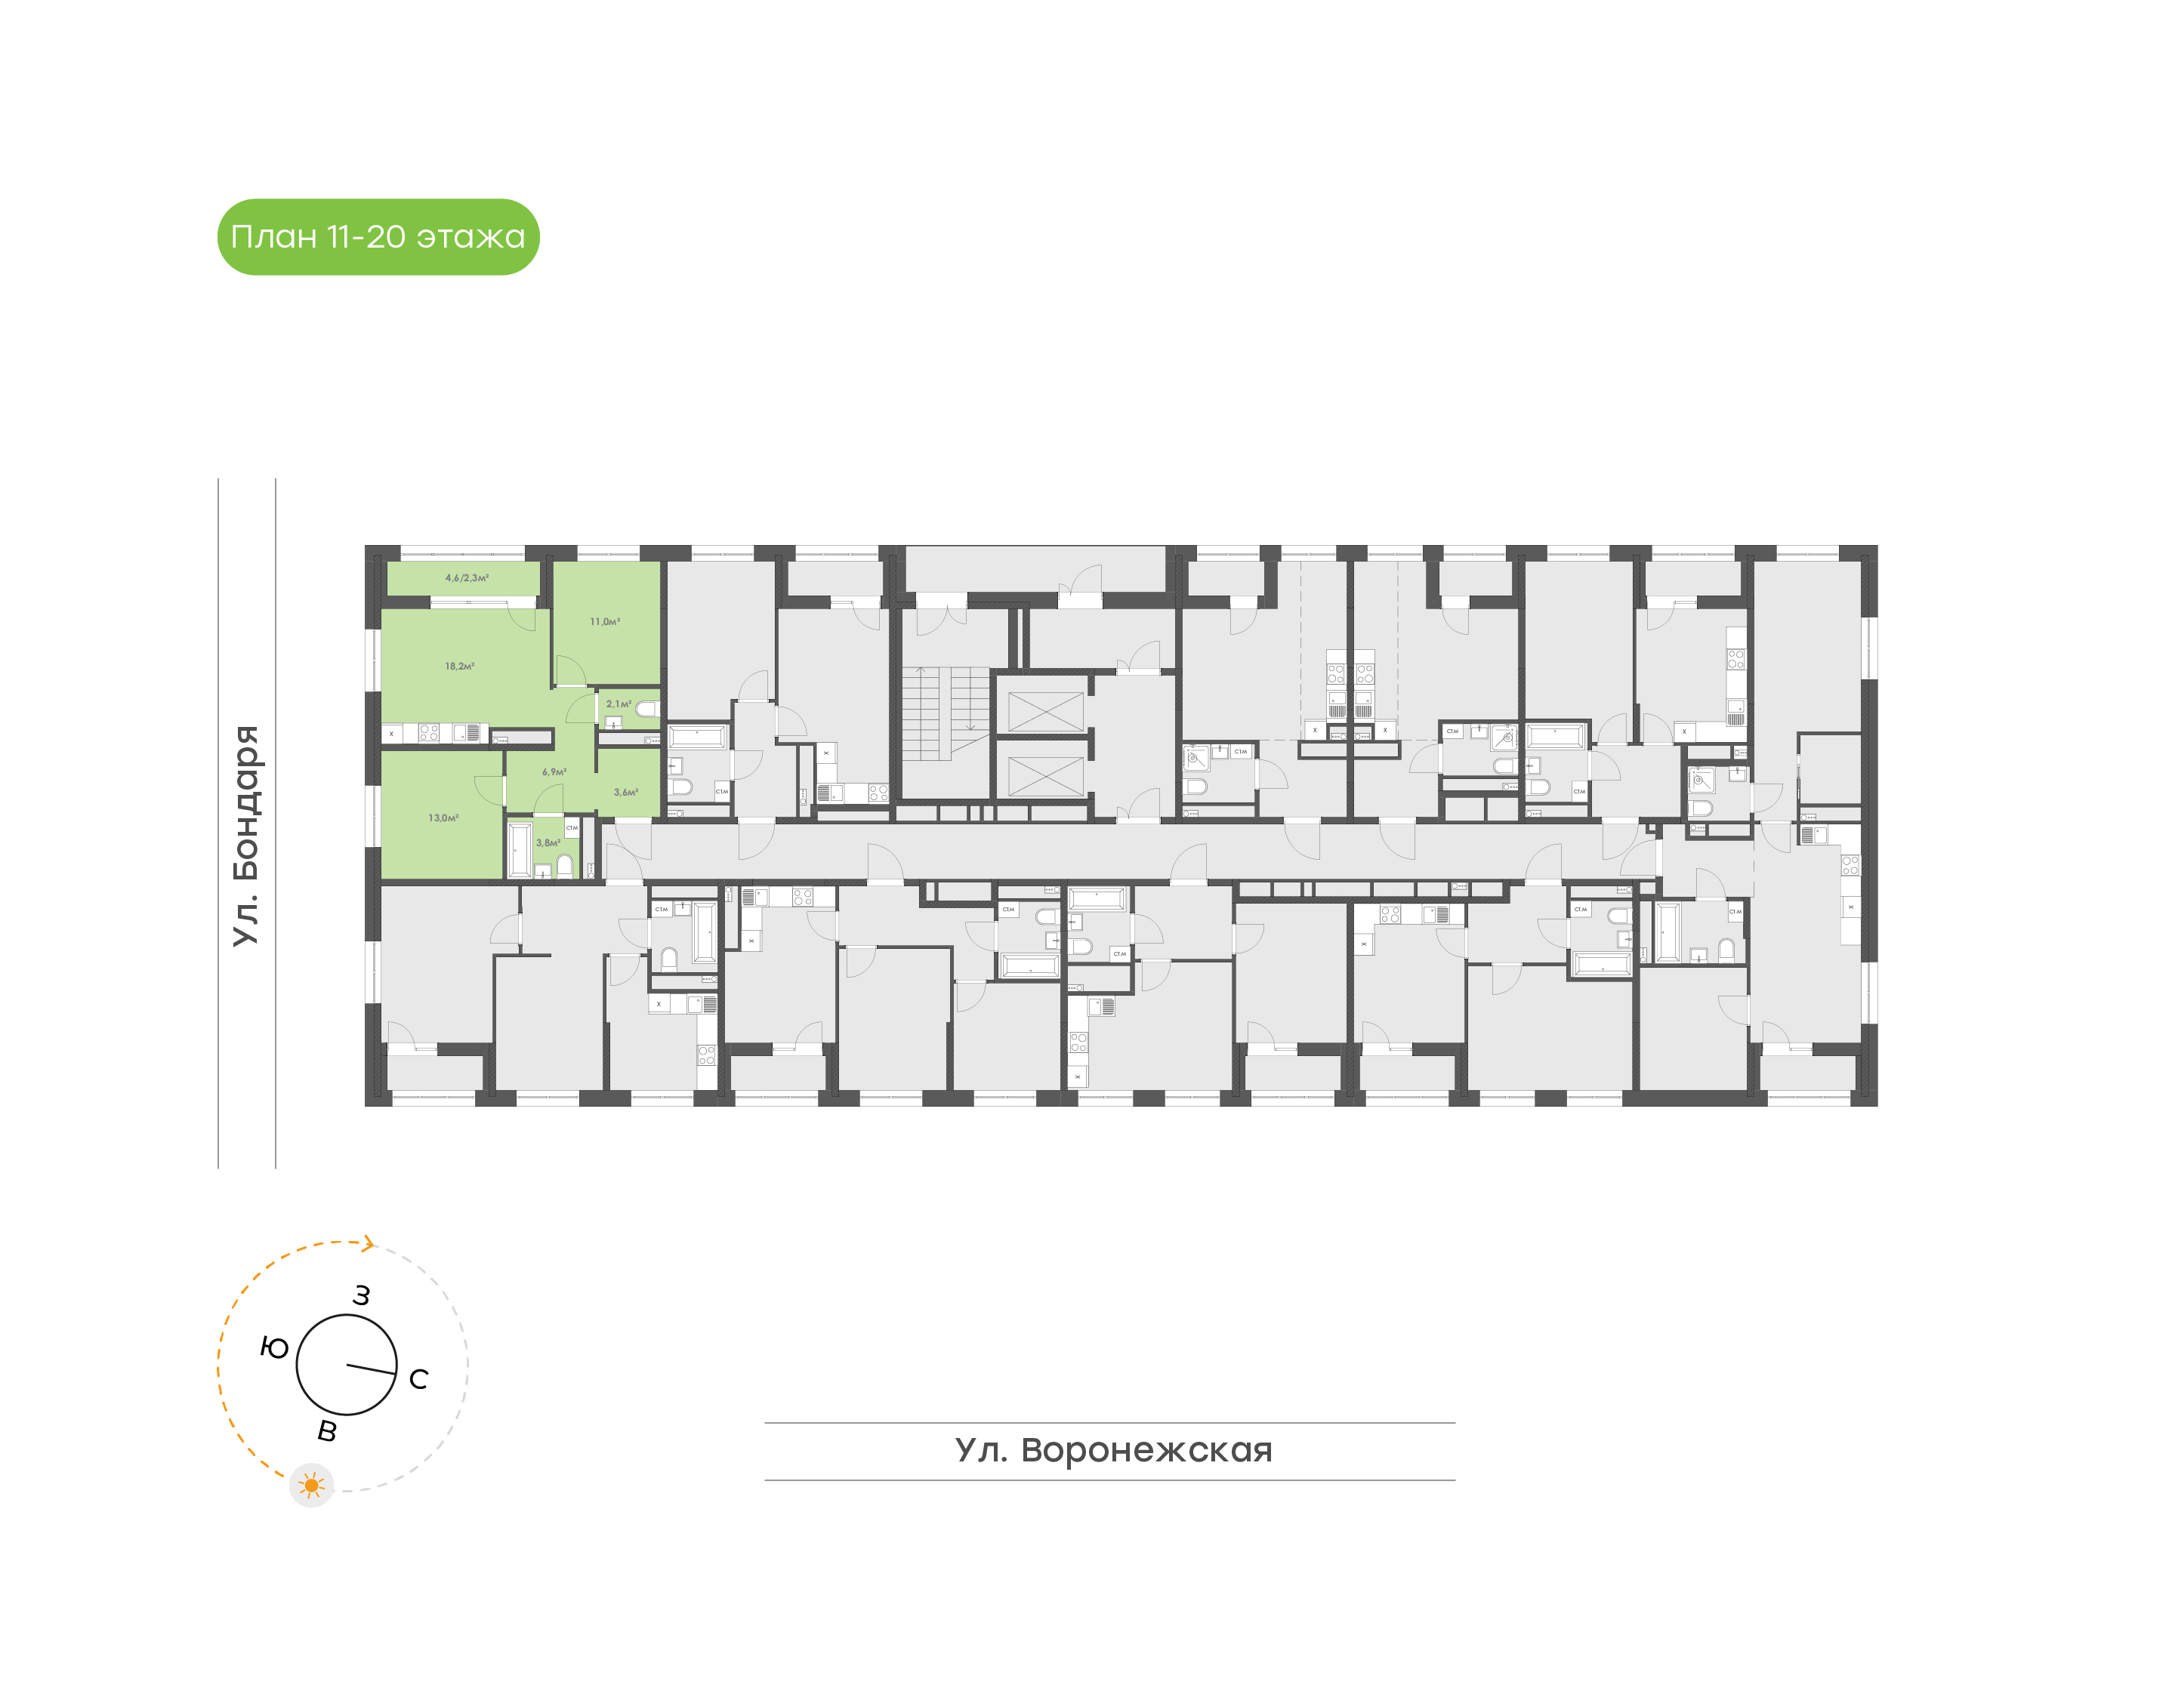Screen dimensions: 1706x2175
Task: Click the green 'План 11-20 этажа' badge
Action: [378, 237]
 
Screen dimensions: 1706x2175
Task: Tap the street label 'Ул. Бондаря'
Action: [245, 835]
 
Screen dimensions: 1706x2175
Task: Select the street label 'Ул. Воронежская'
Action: [1113, 1449]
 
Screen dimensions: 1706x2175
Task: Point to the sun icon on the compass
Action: [312, 1486]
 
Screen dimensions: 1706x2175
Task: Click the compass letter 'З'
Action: [361, 1295]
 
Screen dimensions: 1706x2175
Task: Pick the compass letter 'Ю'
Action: [275, 1348]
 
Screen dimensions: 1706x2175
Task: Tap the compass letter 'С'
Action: [418, 1379]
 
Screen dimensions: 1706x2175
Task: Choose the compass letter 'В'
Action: [327, 1431]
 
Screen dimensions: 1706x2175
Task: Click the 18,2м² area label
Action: [460, 667]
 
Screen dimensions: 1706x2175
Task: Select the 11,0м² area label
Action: [604, 621]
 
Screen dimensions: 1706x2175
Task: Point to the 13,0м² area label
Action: [443, 818]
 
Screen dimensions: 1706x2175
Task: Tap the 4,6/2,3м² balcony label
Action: [467, 577]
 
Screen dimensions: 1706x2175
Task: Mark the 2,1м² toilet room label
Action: [619, 704]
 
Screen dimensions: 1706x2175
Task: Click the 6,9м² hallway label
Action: [554, 772]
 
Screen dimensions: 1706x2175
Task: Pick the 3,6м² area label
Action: [625, 792]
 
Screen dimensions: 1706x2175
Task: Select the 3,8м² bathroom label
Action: [548, 843]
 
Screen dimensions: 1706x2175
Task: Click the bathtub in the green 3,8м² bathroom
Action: [520, 849]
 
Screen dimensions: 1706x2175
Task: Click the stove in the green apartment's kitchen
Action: [429, 733]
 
